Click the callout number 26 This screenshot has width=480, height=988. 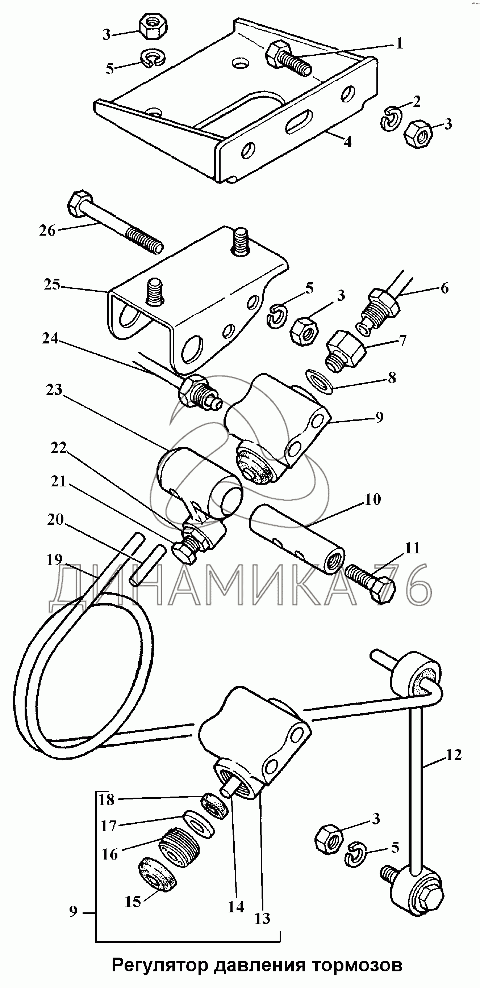tap(47, 231)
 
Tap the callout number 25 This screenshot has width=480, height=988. tap(52, 284)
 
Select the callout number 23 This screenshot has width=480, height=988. tap(54, 390)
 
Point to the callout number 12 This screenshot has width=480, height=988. tap(454, 755)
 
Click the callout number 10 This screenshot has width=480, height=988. tap(372, 499)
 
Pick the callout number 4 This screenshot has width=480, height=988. tap(347, 142)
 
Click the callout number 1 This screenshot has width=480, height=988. tap(399, 44)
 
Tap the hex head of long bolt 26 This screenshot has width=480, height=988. tap(80, 203)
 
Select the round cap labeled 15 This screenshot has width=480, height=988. tap(156, 884)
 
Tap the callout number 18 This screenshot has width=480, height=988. tap(107, 800)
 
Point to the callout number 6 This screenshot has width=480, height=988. tap(444, 288)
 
